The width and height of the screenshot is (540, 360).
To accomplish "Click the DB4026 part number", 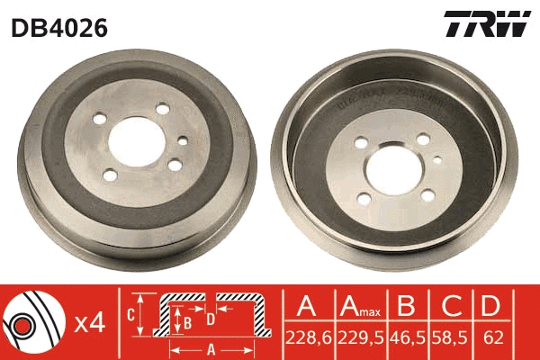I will [x=59, y=28].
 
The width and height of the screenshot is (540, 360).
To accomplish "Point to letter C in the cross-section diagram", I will [x=131, y=314].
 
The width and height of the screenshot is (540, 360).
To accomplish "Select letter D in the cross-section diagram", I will [x=210, y=318].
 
